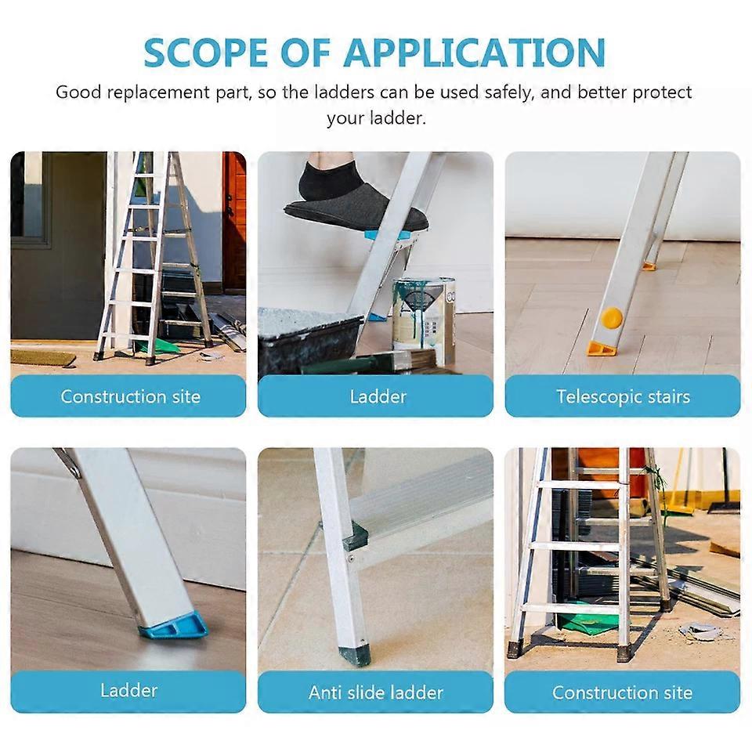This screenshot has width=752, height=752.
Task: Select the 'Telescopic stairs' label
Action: [x=623, y=396]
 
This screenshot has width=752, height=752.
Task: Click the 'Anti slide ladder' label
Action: [x=375, y=692]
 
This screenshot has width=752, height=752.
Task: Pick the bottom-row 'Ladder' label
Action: [x=128, y=690]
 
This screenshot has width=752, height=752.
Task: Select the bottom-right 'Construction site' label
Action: [x=623, y=692]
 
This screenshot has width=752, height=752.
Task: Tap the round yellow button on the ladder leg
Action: [x=612, y=317]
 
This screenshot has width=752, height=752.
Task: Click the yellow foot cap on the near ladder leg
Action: [x=602, y=348]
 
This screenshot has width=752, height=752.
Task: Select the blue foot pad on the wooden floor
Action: [x=174, y=627]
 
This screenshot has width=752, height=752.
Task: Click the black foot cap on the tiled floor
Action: [x=355, y=654]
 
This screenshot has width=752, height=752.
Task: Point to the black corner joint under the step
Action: [x=356, y=537]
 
